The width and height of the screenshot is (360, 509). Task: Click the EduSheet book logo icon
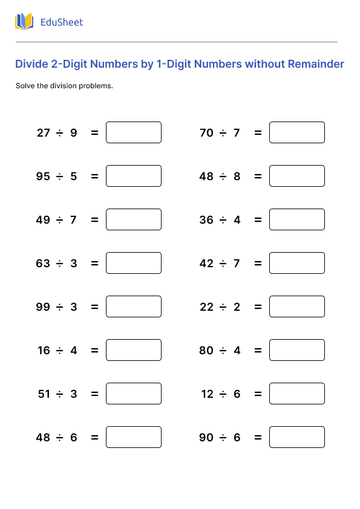point(24,22)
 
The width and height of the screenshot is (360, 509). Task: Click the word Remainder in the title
point(316,64)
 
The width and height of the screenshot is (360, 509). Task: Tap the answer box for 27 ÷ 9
point(134,132)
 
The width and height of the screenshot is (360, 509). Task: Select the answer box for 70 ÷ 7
point(297,132)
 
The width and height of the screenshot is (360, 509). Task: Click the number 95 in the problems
point(43,177)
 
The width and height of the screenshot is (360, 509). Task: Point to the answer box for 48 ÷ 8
point(297,176)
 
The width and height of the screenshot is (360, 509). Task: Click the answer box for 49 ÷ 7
point(134,219)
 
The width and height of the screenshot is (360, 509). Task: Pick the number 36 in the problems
point(206,220)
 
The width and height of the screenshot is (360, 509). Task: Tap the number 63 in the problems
point(43,264)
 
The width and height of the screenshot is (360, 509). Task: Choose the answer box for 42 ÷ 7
point(297,263)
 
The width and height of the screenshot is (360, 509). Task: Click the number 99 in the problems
point(43,307)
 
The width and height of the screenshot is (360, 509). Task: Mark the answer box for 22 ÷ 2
point(297,306)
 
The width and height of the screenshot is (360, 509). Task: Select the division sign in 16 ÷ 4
point(60,351)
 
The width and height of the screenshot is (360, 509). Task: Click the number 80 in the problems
point(206,351)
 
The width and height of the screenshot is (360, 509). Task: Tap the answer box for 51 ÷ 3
point(134,394)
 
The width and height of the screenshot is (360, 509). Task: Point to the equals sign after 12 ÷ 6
point(258,394)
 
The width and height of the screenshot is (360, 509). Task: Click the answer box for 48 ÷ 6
point(134,437)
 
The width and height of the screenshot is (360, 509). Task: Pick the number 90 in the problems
point(206,438)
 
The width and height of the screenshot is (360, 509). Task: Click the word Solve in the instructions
point(25,86)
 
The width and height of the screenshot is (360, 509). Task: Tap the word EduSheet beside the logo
point(62,22)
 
